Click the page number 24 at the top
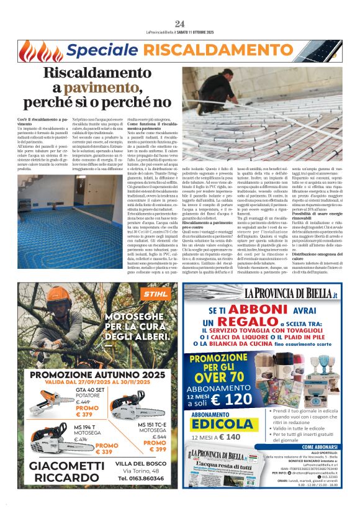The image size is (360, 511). [x=180, y=24]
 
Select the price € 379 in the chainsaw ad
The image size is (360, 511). [x=84, y=414]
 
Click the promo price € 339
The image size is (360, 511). [x=106, y=451]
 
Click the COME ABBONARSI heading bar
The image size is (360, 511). [x=308, y=447]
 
